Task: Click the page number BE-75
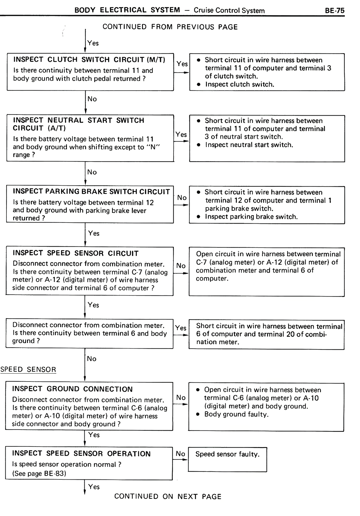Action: pos(334,11)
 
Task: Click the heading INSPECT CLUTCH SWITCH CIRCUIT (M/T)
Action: pos(89,60)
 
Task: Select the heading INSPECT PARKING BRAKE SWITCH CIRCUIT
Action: pos(91,192)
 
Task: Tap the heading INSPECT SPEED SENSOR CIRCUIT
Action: pos(75,253)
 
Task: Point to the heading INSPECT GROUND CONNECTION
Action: pos(72,389)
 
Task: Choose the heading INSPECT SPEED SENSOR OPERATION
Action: pos(81,454)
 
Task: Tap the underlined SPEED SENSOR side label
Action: pos(28,369)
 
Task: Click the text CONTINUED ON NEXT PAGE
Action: pos(168,496)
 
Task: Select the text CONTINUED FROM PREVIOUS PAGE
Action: pos(170,27)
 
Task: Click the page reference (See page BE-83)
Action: pos(39,473)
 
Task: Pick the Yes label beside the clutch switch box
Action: pos(182,64)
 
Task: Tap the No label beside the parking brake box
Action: pos(182,198)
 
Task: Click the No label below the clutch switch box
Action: pos(92,99)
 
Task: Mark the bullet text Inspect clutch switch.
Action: pos(239,84)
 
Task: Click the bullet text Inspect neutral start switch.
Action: pos(249,145)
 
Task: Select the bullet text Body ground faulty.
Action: pos(236,414)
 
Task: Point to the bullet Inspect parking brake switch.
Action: pos(251,217)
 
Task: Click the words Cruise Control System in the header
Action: pos(229,11)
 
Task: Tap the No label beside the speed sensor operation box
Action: pos(180,454)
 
